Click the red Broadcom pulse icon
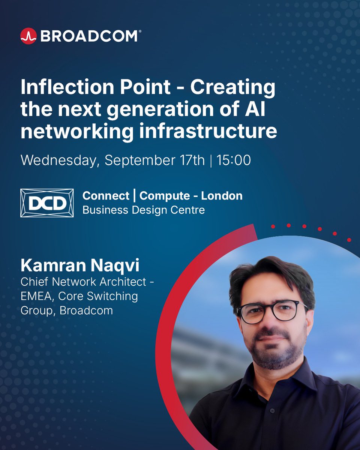click(28, 36)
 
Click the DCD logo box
click(47, 203)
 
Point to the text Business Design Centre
click(144, 210)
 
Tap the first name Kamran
click(49, 266)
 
